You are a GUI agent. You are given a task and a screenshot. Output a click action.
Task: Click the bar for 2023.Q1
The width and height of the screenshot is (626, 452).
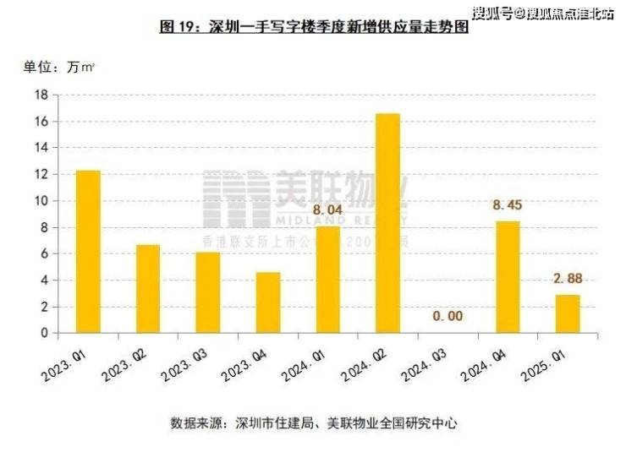click(88, 252)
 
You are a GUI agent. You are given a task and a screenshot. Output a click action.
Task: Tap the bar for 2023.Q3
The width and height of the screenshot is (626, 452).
click(208, 292)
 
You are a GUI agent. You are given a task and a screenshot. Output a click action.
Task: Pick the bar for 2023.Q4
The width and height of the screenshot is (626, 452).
click(268, 302)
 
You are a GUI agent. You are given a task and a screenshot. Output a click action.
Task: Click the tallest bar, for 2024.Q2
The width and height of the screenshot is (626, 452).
click(387, 223)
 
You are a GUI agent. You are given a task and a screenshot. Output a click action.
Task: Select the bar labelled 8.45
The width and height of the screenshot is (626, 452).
click(508, 277)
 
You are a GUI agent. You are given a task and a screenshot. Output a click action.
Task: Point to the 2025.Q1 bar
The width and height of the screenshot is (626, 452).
click(568, 313)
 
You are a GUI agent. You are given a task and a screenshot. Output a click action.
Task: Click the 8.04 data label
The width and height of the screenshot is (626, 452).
click(327, 210)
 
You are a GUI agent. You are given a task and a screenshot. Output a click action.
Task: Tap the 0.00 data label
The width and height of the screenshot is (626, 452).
click(448, 316)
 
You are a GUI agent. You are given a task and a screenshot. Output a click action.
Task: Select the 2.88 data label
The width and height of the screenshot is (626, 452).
click(568, 278)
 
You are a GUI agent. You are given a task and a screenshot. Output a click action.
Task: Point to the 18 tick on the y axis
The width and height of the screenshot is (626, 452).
click(40, 95)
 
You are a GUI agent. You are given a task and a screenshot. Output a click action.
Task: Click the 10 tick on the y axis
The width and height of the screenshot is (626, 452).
click(40, 201)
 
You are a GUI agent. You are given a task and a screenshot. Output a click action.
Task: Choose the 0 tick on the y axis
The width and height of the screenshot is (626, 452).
click(43, 333)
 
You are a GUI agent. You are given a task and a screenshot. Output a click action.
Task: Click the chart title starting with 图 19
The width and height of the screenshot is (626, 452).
click(314, 26)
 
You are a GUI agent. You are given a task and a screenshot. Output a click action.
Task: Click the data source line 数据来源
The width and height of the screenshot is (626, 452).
click(314, 422)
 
